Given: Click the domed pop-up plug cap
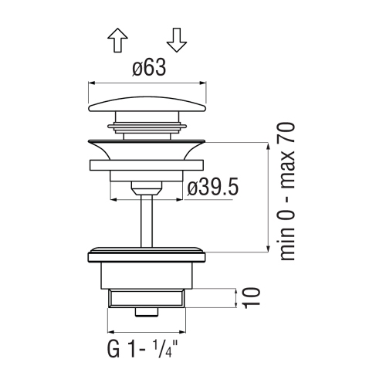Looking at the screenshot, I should (148, 103).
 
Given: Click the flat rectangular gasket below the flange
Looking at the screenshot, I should (148, 164).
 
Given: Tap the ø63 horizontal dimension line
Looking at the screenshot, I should (148, 81).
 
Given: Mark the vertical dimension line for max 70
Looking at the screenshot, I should (267, 198).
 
